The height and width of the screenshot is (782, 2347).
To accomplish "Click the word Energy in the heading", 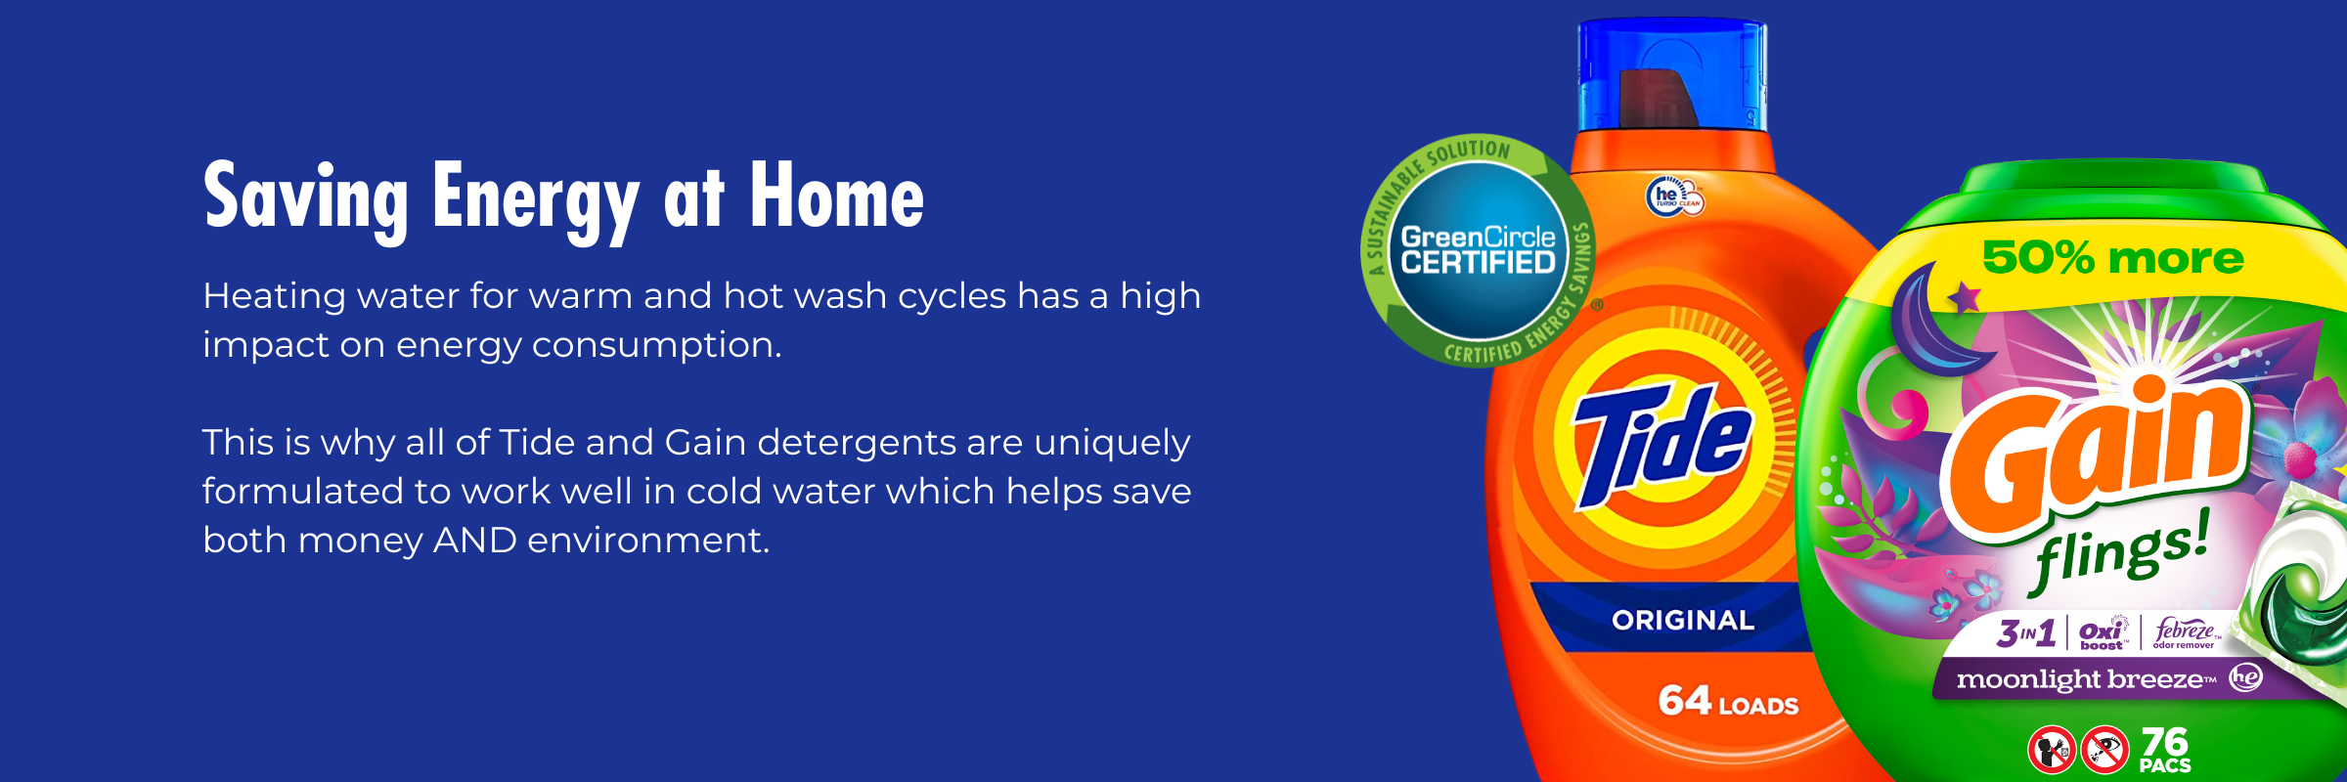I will [535, 198].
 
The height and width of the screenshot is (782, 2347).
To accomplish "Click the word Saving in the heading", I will [305, 198].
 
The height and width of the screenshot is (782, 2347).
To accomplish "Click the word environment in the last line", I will [648, 540].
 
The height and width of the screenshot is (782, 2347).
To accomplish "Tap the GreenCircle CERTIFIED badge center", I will [1478, 250].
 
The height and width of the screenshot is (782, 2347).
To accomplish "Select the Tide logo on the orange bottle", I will [1662, 445].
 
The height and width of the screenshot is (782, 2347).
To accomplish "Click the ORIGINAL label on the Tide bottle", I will [1683, 620].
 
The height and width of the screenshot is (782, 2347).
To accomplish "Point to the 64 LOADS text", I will [1728, 702].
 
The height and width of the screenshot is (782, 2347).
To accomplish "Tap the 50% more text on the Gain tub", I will [2112, 258].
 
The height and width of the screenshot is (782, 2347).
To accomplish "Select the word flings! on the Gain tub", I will [2120, 551].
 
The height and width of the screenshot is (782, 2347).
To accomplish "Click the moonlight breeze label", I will [2085, 678].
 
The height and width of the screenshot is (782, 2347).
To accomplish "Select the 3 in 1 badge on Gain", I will [2025, 633].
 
